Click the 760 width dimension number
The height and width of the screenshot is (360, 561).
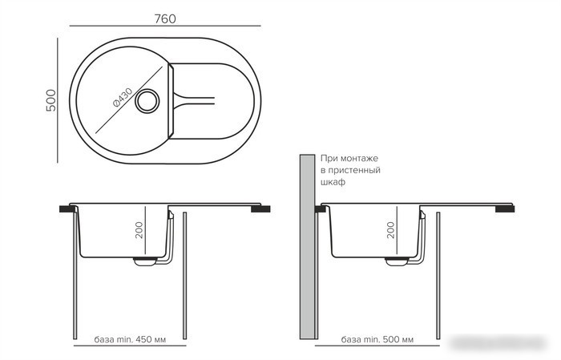(165, 18)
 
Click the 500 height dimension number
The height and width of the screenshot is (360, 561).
(51, 100)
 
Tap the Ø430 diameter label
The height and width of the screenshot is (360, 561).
(123, 97)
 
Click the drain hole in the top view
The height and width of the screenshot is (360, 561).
(147, 101)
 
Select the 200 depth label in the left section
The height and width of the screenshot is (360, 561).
(139, 230)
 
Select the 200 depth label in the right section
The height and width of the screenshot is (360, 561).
(390, 230)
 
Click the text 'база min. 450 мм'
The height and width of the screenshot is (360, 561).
(130, 339)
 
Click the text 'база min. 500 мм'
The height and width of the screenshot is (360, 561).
(377, 339)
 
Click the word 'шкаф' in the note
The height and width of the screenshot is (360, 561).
(333, 182)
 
